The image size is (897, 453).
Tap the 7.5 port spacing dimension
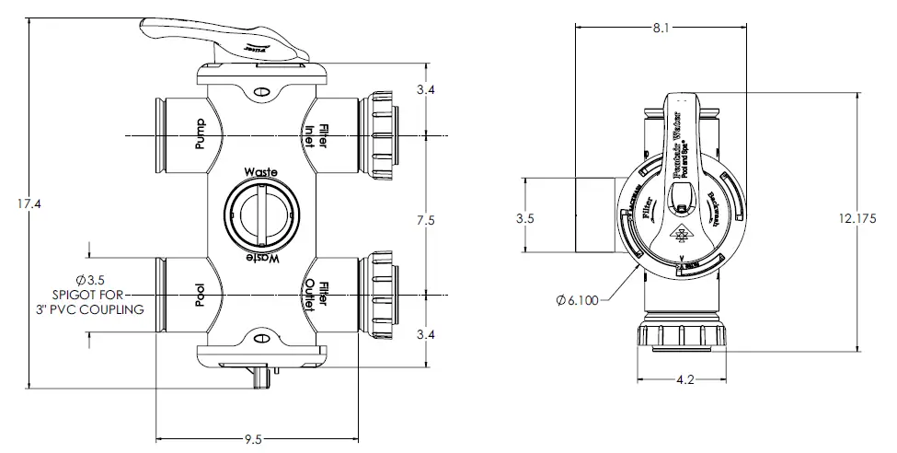coord(424,220)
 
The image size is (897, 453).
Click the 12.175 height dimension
coord(864,220)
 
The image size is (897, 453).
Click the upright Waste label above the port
coord(261,172)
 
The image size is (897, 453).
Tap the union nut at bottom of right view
coord(681,336)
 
